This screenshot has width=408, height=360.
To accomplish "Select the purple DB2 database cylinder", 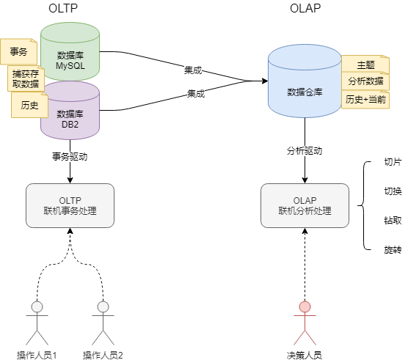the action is (70, 114).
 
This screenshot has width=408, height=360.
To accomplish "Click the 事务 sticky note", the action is (19, 52).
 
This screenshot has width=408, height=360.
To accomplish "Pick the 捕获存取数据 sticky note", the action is (26, 78).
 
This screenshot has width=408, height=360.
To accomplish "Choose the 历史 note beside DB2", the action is (29, 105).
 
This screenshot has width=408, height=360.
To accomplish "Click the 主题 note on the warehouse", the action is (365, 65).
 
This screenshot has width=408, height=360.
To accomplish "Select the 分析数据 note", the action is (365, 81).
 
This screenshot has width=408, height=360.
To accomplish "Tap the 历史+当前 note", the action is (365, 99).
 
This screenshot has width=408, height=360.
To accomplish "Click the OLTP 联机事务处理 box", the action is (70, 205).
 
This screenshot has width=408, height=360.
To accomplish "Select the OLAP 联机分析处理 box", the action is (305, 205).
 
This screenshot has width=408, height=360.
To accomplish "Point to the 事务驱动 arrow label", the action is (70, 157).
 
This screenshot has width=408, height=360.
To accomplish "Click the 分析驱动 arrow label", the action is (305, 151).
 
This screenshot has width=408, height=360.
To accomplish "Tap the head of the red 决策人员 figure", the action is (305, 306).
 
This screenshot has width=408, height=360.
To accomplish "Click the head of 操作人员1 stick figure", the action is (37, 306).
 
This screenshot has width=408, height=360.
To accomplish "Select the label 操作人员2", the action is (103, 355).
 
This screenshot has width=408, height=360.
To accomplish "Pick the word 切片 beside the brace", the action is (393, 162).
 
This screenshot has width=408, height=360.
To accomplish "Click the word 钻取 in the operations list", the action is (393, 221).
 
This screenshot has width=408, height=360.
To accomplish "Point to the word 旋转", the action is (393, 250).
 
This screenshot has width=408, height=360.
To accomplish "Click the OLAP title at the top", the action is (305, 8).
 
